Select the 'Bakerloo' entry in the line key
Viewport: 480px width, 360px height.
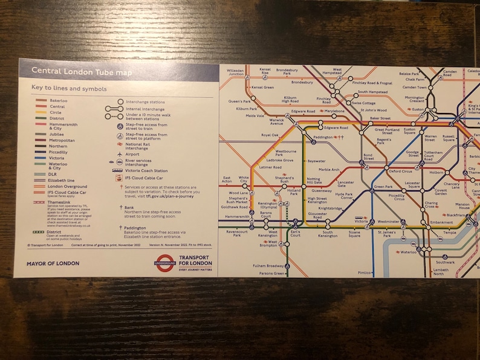[x=59, y=100]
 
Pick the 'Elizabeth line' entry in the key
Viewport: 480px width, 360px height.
[x=62, y=180]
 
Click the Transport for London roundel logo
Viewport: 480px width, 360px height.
[x=164, y=263]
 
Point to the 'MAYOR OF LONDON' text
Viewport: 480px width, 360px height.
[x=53, y=263]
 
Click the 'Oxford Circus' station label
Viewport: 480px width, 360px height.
[x=400, y=171]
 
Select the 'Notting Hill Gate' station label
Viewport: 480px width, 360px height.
[x=314, y=181]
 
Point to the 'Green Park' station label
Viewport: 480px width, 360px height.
[x=383, y=187]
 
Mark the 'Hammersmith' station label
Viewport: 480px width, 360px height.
[x=236, y=216]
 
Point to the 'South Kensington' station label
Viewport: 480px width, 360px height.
[x=329, y=234]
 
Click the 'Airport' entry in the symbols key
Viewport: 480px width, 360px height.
[x=132, y=154]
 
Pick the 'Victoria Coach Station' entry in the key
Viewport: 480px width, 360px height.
[x=146, y=171]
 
